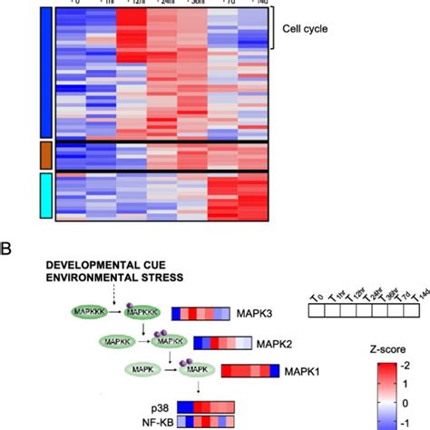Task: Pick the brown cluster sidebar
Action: [x=45, y=154]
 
